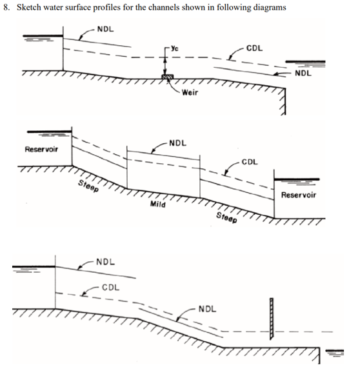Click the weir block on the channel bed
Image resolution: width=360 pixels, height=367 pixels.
[x=168, y=77]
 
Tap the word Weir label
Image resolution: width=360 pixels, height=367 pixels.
[x=190, y=92]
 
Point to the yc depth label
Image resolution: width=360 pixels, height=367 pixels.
[x=175, y=48]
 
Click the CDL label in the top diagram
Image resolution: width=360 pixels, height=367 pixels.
[x=254, y=48]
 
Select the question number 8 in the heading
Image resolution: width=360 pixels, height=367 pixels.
[x=6, y=8]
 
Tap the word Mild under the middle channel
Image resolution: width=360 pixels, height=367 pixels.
[x=158, y=204]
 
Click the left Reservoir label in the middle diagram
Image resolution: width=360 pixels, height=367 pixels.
[x=41, y=149]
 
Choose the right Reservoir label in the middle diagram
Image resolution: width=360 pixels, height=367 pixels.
[x=299, y=195]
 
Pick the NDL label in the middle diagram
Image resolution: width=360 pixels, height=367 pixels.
[x=178, y=143]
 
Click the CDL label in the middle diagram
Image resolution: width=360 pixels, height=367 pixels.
[x=250, y=162]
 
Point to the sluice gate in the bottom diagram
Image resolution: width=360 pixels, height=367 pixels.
[x=272, y=319]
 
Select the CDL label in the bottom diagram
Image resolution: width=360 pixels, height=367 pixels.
[x=111, y=288]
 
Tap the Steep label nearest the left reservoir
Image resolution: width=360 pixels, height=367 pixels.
[x=88, y=186]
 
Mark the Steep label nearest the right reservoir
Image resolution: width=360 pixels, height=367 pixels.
[x=226, y=217]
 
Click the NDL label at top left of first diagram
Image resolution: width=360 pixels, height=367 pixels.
[x=106, y=29]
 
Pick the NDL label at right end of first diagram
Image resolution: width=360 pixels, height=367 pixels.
[x=303, y=74]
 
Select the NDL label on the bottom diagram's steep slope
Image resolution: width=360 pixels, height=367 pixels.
[x=207, y=309]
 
